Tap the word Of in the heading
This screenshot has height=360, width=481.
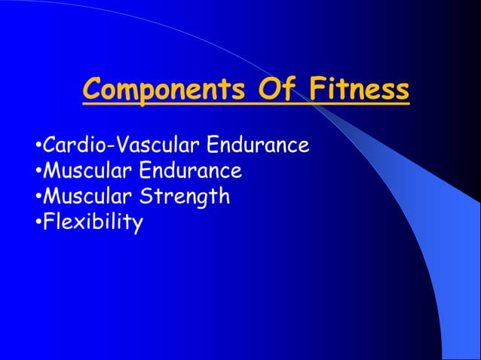pos(277,90)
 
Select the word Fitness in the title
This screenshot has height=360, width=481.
pos(359,90)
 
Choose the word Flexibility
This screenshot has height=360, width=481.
pos(92,223)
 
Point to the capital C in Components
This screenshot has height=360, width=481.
pos(92,90)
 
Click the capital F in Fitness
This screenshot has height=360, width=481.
pos(314,90)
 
